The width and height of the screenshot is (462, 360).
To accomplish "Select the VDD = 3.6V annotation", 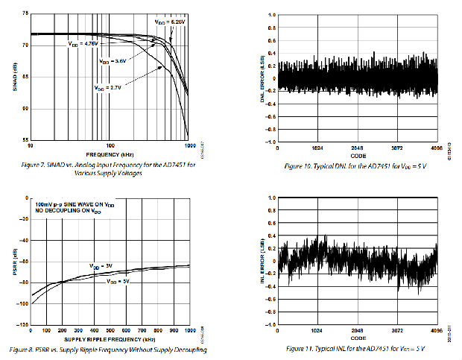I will tap(113, 60).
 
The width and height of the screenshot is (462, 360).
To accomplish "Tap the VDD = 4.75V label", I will tap(81, 44).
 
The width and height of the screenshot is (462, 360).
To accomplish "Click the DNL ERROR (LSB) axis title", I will tap(262, 78).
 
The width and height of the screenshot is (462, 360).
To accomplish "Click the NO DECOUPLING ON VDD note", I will tap(64, 211).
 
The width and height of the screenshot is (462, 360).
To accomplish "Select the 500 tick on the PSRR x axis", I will tap(110, 332).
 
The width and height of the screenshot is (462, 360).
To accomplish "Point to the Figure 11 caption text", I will tap(355, 348).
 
